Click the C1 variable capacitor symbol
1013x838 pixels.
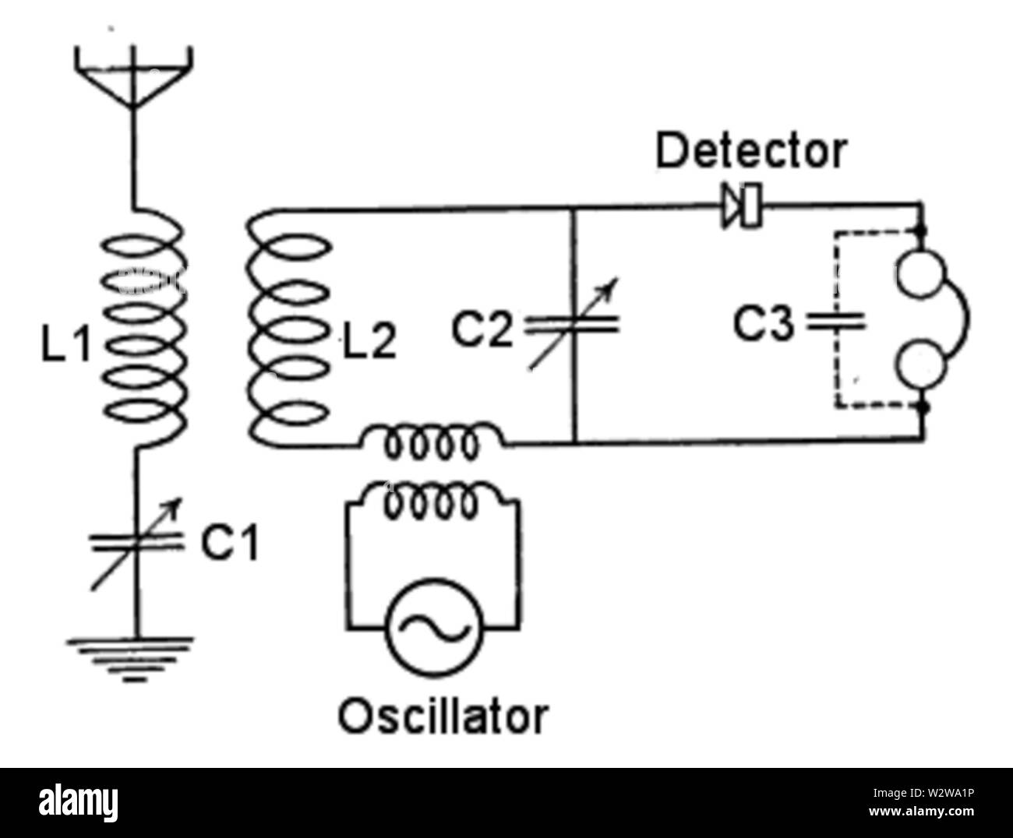tap(137, 542)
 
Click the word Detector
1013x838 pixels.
tap(750, 152)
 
